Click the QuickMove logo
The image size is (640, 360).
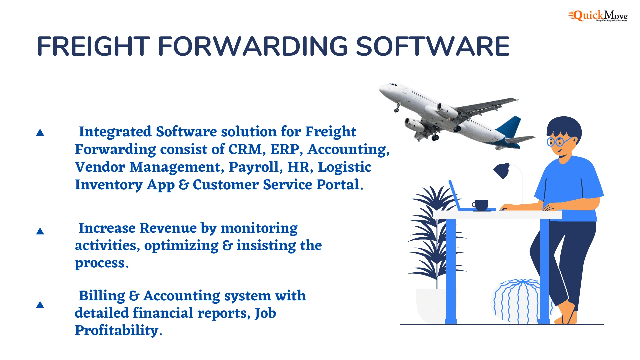[598, 16]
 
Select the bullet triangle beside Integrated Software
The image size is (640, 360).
[40, 133]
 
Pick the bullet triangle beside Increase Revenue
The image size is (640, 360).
[40, 231]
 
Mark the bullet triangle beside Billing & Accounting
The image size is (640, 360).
[40, 305]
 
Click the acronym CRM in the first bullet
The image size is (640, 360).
[245, 149]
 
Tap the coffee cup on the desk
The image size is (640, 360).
[481, 205]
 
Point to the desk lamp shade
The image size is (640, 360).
[502, 171]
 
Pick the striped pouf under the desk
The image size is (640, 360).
[517, 302]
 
